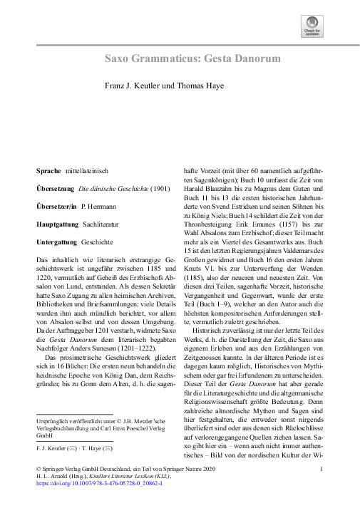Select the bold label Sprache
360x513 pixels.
[48, 172]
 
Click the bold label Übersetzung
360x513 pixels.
[55, 189]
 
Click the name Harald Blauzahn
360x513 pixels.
[207, 201]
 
